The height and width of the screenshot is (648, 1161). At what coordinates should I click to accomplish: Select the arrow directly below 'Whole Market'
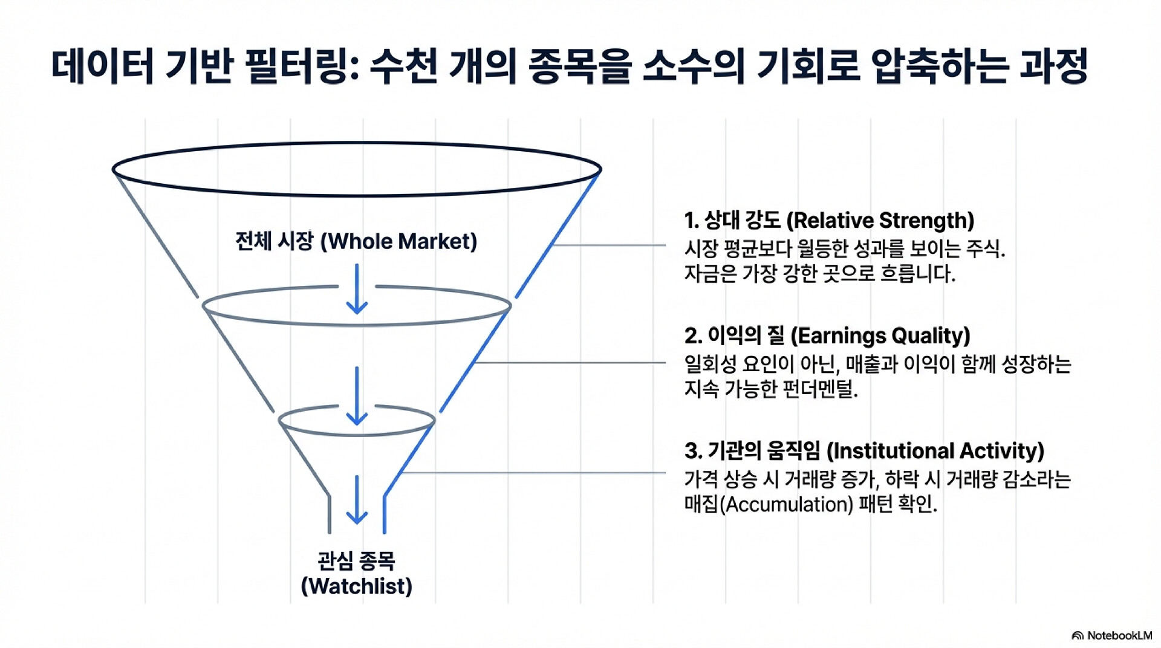pyautogui.click(x=357, y=289)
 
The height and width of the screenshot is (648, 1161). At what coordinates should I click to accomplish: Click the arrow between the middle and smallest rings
pyautogui.click(x=357, y=396)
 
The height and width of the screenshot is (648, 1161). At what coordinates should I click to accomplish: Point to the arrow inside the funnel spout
pyautogui.click(x=357, y=499)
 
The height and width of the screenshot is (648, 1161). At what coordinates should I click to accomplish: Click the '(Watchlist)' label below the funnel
pyautogui.click(x=357, y=586)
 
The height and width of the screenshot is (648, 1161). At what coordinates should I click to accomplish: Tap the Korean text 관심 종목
pyautogui.click(x=357, y=560)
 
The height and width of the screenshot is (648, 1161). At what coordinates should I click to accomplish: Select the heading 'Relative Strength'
pyautogui.click(x=880, y=221)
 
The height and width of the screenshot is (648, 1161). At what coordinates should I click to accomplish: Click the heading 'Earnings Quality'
pyautogui.click(x=880, y=335)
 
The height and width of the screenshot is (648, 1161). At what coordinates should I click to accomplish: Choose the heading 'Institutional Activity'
pyautogui.click(x=935, y=451)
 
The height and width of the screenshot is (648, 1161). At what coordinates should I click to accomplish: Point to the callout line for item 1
pyautogui.click(x=609, y=245)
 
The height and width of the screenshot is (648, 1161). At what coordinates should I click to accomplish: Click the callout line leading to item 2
pyautogui.click(x=570, y=363)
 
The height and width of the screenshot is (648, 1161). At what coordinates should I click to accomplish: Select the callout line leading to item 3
pyautogui.click(x=534, y=473)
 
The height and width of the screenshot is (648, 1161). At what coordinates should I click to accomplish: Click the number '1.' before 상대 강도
pyautogui.click(x=692, y=221)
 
